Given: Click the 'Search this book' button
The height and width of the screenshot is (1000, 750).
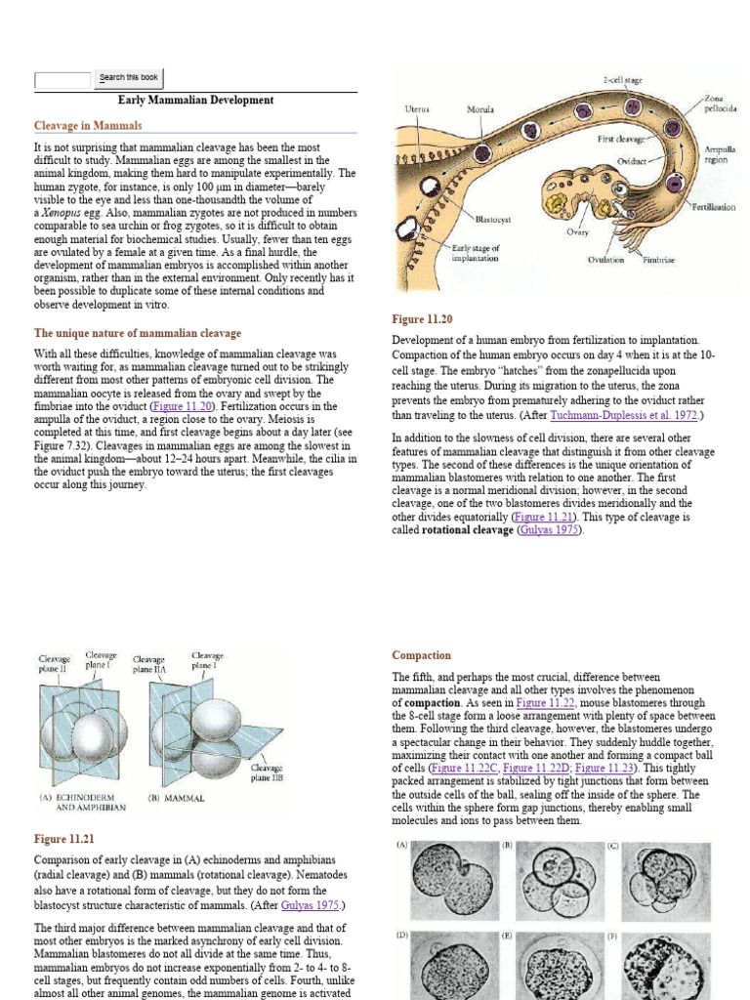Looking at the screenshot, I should (129, 78).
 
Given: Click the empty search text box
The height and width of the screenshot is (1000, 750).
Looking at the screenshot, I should (62, 79).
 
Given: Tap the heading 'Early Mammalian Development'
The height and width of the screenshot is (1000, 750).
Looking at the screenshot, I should (195, 101).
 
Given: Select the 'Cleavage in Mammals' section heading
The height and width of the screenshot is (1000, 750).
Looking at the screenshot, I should (88, 126).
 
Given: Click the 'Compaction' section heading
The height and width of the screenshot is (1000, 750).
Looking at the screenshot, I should (421, 655).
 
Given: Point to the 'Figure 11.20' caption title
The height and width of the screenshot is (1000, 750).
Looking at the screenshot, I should (422, 319).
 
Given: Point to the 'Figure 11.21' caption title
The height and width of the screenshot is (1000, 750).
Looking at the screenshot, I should (64, 839).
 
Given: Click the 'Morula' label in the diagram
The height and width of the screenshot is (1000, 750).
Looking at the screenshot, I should (479, 108).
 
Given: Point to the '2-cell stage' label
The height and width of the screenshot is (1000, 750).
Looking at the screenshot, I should (621, 80).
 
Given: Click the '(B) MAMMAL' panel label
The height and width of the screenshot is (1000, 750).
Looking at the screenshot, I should (176, 798).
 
